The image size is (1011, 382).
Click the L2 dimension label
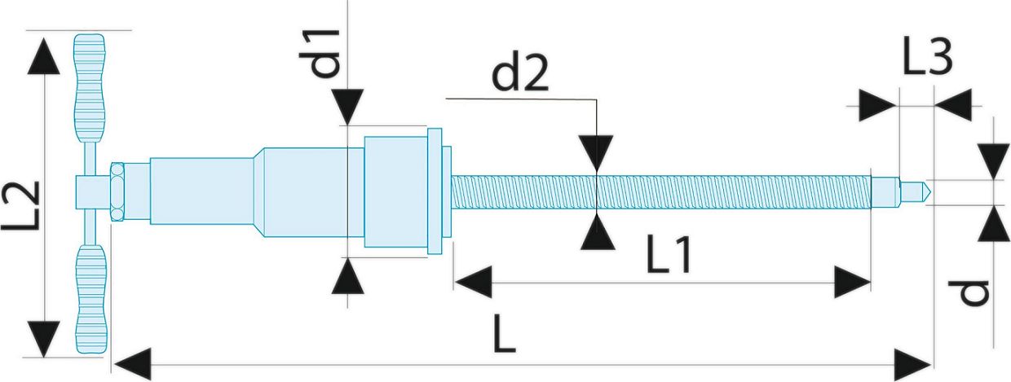coord(20,205)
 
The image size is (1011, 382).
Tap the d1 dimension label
coord(320,53)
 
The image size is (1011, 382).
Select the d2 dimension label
coord(520,74)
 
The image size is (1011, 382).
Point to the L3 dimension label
coord(928,57)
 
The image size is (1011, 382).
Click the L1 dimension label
coord(669,254)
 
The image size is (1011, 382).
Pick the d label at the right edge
coord(967,292)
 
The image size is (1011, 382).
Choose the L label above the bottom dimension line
coord(504,334)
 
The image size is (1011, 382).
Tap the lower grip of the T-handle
coord(91,299)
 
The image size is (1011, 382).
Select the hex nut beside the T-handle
coord(117,191)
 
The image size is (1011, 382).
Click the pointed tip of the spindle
coord(929,192)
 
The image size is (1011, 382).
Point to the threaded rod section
coord(661,192)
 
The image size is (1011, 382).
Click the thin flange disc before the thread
coord(435,191)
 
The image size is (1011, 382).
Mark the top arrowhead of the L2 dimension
coord(43,55)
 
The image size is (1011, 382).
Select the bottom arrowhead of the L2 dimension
coord(43,339)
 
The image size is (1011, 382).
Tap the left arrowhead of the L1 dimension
coord(473,283)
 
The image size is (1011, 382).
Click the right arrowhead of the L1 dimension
coord(852,283)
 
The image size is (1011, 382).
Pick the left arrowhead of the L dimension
coord(132,364)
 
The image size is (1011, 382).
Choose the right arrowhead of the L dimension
coord(913,364)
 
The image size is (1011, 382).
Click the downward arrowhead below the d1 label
coord(347,107)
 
